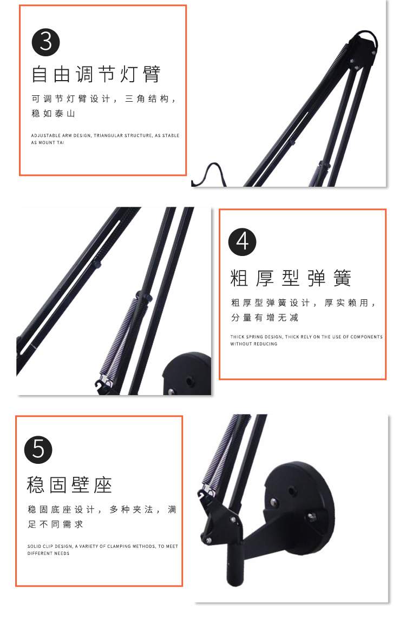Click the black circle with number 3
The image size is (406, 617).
46,42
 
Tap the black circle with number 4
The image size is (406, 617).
243,242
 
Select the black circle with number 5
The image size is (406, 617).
39,448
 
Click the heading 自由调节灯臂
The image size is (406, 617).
96,75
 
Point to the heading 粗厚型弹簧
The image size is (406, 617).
291,278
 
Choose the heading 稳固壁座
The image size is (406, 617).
69,485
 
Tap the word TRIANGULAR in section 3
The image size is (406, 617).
108,136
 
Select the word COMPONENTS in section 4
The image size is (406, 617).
366,337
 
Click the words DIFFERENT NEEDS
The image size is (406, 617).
49,554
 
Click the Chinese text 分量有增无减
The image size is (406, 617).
265,318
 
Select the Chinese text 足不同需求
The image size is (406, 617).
55,524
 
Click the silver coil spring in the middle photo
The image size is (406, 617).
120,338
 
